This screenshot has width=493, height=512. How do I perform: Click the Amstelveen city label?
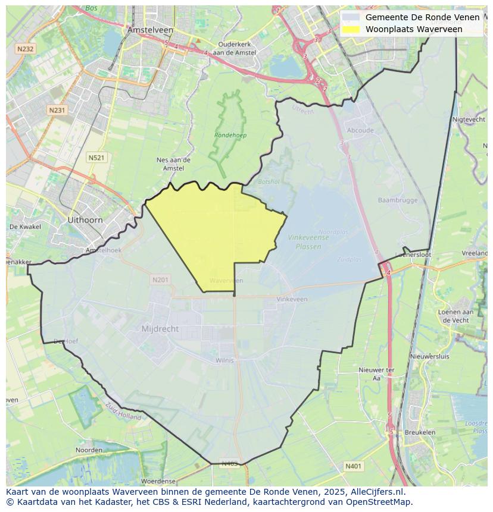[150, 29]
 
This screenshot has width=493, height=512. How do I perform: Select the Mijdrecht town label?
[160, 329]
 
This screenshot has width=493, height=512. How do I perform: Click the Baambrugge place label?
[398, 200]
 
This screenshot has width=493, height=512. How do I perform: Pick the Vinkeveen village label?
[292, 299]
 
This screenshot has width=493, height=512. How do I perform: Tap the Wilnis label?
[225, 360]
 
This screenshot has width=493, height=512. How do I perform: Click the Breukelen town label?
[420, 432]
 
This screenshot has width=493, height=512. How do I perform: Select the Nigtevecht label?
[469, 120]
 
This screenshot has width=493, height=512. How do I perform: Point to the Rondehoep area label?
[230, 135]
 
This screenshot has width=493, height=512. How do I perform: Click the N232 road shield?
[26, 49]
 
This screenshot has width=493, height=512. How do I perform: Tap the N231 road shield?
[57, 110]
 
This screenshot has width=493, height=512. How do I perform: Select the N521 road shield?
[96, 157]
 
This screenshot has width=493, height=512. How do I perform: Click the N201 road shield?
[160, 279]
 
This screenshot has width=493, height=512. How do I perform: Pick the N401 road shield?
[353, 466]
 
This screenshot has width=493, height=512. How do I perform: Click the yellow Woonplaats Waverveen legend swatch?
[351, 29]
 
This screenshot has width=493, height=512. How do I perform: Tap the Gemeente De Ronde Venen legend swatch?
[351, 17]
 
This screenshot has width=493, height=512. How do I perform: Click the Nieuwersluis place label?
[430, 356]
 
